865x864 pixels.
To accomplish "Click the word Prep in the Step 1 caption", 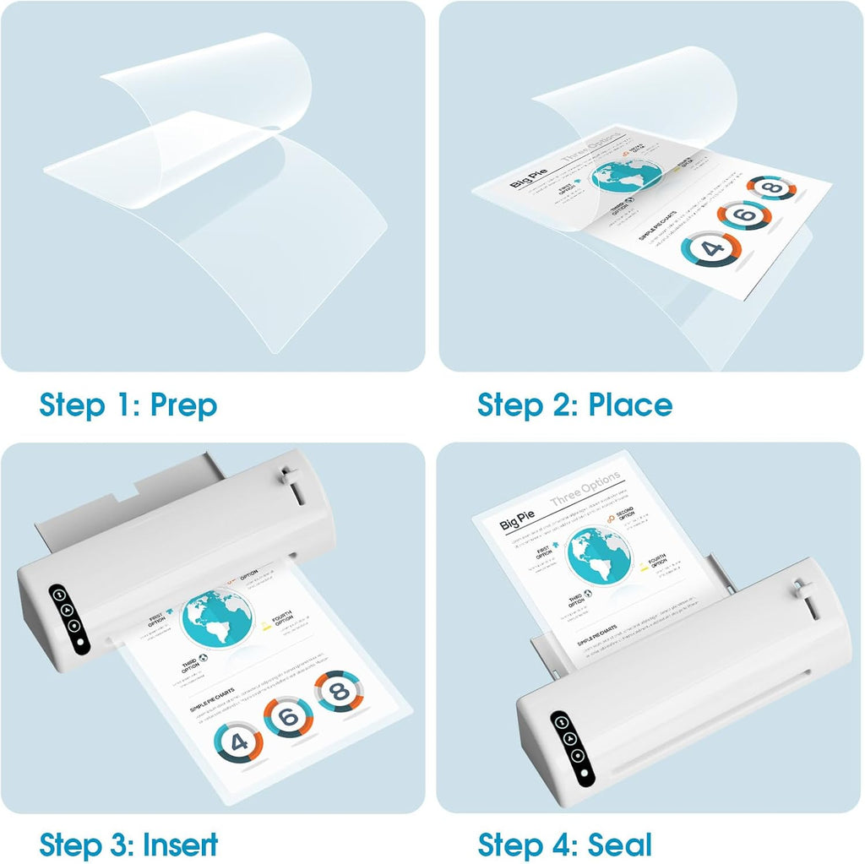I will click(183, 405).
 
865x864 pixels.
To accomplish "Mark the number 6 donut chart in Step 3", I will click(288, 718).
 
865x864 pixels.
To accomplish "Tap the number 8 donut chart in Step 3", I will click(337, 692).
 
